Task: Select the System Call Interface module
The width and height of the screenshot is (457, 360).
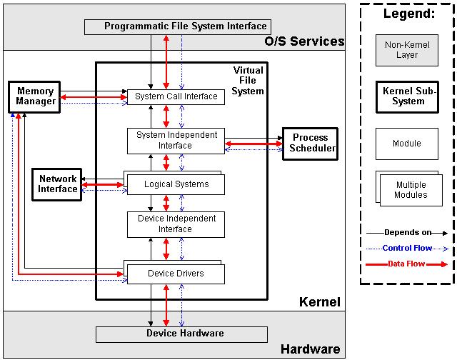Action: (x=176, y=96)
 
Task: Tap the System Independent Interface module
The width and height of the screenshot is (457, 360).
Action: (x=176, y=141)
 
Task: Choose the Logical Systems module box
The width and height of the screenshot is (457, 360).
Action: (x=176, y=184)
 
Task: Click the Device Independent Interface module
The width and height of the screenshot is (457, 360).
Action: (x=176, y=224)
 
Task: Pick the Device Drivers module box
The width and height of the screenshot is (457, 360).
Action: (x=176, y=274)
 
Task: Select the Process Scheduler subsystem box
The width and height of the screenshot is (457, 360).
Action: (x=310, y=143)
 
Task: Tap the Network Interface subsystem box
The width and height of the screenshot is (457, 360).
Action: (x=58, y=184)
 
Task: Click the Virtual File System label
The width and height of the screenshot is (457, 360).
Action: (x=248, y=81)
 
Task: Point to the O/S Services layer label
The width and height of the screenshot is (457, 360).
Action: (x=304, y=41)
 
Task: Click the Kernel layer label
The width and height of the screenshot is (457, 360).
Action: (x=319, y=302)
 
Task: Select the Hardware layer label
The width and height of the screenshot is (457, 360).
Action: (x=310, y=349)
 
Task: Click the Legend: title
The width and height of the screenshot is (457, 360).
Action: (x=407, y=14)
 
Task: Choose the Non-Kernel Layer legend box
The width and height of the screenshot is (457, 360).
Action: (x=407, y=49)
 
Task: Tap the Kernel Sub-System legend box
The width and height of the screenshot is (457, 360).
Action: (x=407, y=96)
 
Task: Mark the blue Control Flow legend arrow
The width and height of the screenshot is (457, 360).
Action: (x=407, y=249)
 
